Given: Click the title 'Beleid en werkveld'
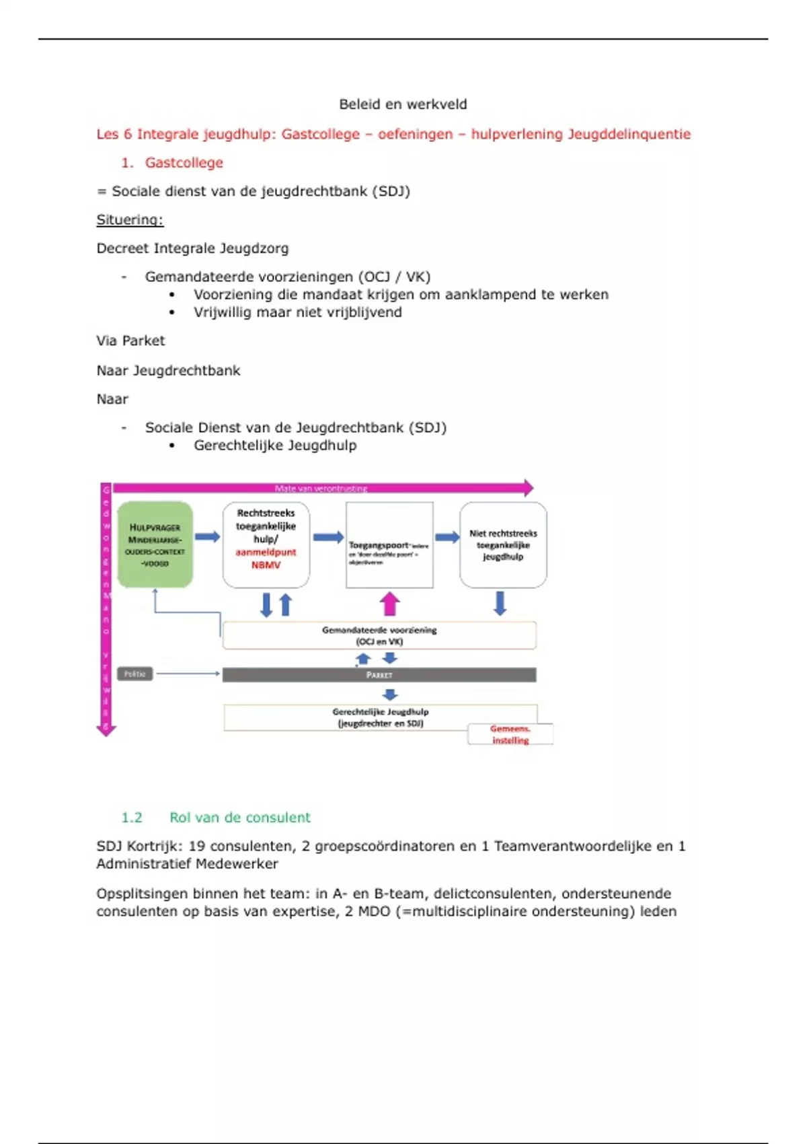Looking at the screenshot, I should click(403, 104).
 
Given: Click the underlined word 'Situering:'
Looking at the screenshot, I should click(130, 220).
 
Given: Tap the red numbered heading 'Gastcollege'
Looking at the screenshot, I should click(184, 163).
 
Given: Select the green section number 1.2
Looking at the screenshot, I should click(132, 818).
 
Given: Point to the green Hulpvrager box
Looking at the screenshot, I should click(155, 544).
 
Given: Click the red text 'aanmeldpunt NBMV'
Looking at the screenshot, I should click(266, 559).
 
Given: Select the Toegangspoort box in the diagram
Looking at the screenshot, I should click(389, 545).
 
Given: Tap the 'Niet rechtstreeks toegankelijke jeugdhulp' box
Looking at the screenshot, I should click(503, 545).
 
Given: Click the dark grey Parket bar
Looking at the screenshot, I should click(379, 675).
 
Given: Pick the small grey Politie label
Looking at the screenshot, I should click(135, 674).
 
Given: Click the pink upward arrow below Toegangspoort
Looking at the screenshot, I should click(389, 604).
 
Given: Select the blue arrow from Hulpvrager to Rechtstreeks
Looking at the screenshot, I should click(208, 536).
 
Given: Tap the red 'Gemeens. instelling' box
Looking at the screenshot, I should click(510, 734).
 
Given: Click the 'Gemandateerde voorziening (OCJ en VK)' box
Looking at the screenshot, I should click(379, 635).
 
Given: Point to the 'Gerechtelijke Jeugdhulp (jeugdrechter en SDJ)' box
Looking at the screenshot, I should click(380, 717).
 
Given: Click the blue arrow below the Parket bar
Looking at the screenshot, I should click(390, 694).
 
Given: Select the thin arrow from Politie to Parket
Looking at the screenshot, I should click(188, 674).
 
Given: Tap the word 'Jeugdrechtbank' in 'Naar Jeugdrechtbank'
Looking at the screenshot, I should click(186, 371).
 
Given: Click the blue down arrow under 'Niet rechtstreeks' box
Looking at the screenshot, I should click(500, 604).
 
